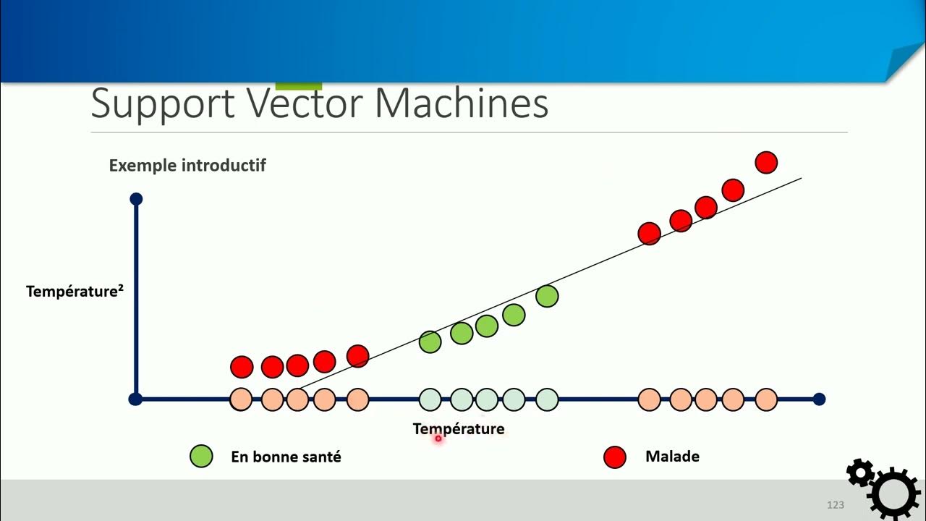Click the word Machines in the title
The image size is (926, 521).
(461, 104)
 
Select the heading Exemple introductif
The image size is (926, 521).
(187, 165)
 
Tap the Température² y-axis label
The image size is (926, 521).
(74, 291)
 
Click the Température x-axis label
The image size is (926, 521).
(458, 428)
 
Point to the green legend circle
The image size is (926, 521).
(201, 457)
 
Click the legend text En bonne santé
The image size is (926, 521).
(286, 457)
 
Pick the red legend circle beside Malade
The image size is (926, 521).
(614, 457)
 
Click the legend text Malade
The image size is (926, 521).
(672, 457)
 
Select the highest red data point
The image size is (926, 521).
(766, 162)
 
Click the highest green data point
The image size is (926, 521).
(547, 296)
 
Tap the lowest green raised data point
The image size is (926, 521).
(430, 342)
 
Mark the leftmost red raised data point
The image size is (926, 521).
(242, 367)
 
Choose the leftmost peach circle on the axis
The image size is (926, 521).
(241, 399)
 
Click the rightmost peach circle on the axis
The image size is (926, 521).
(766, 399)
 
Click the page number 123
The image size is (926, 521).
(836, 504)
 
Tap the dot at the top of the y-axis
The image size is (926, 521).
(135, 199)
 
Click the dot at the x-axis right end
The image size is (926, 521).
(819, 399)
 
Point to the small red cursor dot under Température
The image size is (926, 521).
(438, 438)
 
